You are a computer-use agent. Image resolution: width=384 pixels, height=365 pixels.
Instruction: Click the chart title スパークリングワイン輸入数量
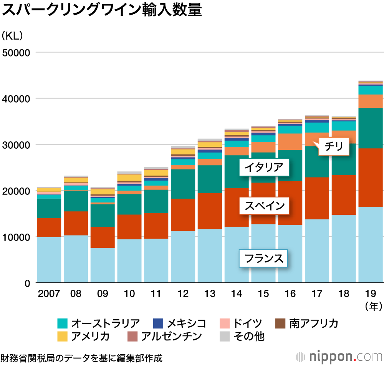(x=102, y=10)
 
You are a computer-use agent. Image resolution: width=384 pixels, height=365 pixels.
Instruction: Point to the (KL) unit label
(x=12, y=36)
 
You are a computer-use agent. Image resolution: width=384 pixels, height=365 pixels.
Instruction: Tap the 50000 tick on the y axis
(x=16, y=53)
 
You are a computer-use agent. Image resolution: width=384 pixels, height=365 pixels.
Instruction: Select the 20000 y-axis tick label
(x=16, y=191)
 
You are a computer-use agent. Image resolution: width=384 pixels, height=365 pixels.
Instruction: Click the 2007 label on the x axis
(x=49, y=294)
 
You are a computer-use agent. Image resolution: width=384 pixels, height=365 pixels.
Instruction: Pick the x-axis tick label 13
(x=210, y=294)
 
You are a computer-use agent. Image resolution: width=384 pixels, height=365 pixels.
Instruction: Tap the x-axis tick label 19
(x=371, y=294)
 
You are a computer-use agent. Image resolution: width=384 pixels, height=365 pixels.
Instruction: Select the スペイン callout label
(x=263, y=206)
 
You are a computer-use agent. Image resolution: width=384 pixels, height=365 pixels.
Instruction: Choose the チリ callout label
(x=333, y=146)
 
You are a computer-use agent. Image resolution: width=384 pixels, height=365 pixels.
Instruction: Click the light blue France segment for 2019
(x=371, y=245)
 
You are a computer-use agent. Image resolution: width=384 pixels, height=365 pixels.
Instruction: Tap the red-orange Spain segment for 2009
(x=103, y=237)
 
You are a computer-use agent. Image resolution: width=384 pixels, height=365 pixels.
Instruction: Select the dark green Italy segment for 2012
(x=183, y=184)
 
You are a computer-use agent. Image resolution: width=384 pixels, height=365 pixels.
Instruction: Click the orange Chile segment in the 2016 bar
(x=290, y=141)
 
